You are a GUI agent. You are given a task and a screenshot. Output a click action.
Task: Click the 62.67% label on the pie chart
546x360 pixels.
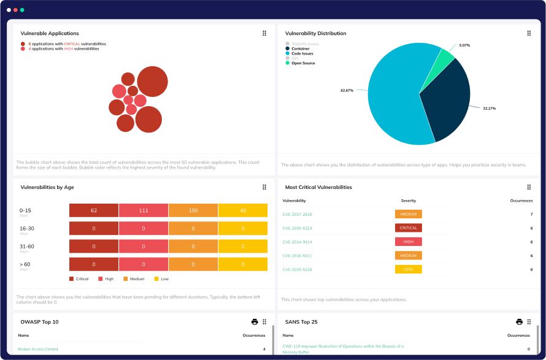pyautogui.click(x=347, y=90)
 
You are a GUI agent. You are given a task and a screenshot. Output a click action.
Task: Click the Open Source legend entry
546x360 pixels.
pyautogui.click(x=303, y=63)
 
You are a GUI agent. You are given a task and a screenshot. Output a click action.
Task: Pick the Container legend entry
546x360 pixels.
pyautogui.click(x=301, y=48)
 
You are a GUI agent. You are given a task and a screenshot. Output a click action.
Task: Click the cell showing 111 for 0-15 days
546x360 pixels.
pyautogui.click(x=144, y=211)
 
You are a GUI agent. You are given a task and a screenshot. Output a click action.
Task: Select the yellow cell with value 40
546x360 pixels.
pyautogui.click(x=243, y=211)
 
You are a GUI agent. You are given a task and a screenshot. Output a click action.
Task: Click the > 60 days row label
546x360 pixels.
pyautogui.click(x=25, y=264)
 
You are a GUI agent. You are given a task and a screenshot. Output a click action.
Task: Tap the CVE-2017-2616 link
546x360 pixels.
pyautogui.click(x=297, y=214)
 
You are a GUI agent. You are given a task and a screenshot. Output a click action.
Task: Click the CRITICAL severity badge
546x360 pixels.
pyautogui.click(x=409, y=228)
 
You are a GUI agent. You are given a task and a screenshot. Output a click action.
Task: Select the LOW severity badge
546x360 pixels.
pyautogui.click(x=409, y=269)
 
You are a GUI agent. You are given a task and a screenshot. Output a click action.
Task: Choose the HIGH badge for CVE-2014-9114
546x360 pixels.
pyautogui.click(x=409, y=242)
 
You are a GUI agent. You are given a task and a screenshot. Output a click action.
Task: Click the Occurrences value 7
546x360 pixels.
pyautogui.click(x=531, y=214)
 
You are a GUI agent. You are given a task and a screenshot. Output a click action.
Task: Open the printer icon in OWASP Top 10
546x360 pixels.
pyautogui.click(x=255, y=321)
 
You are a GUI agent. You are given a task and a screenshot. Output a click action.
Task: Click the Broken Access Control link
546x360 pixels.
pyautogui.click(x=38, y=349)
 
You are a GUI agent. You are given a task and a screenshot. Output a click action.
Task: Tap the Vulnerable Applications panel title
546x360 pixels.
pyautogui.click(x=50, y=33)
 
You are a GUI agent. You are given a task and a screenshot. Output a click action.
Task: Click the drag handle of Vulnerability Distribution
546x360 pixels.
pyautogui.click(x=529, y=33)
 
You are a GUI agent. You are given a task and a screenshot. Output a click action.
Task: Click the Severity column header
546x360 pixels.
pyautogui.click(x=409, y=201)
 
